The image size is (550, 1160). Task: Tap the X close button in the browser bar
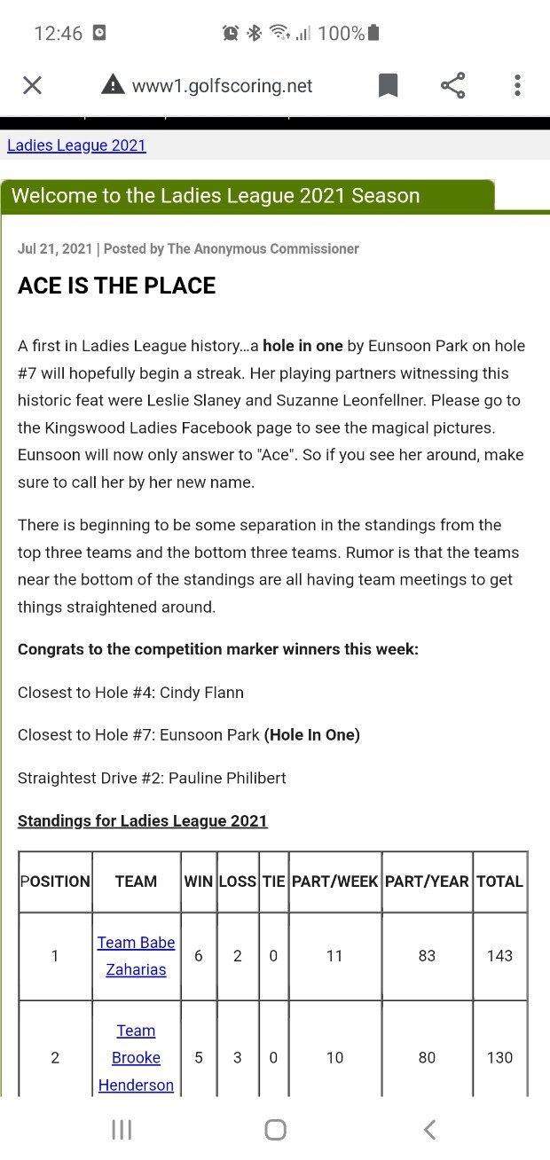pyautogui.click(x=32, y=85)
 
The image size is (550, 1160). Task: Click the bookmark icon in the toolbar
pyautogui.click(x=388, y=85)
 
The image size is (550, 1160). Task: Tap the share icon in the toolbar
pyautogui.click(x=452, y=85)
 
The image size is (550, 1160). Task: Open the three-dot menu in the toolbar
pyautogui.click(x=517, y=85)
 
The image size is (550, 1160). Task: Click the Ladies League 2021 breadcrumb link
pyautogui.click(x=76, y=145)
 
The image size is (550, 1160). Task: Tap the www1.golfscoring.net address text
pyautogui.click(x=222, y=85)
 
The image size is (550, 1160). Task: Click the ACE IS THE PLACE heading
pyautogui.click(x=117, y=286)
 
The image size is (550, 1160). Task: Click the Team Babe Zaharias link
pyautogui.click(x=136, y=956)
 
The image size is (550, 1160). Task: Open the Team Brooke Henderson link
pyautogui.click(x=136, y=1057)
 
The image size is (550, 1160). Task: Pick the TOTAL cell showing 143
pyautogui.click(x=499, y=955)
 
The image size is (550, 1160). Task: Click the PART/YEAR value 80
pyautogui.click(x=427, y=1057)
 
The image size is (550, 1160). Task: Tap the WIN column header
pyautogui.click(x=198, y=882)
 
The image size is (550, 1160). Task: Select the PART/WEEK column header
pyautogui.click(x=334, y=882)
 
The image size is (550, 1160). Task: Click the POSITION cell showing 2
pyautogui.click(x=55, y=1057)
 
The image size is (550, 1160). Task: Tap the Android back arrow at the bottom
pyautogui.click(x=429, y=1129)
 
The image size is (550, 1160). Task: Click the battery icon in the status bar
pyautogui.click(x=373, y=34)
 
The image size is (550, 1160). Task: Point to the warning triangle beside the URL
pyautogui.click(x=113, y=85)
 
